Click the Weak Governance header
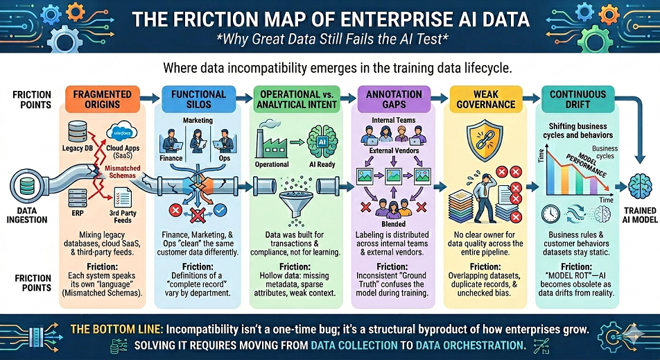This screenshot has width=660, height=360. pyautogui.click(x=485, y=99)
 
